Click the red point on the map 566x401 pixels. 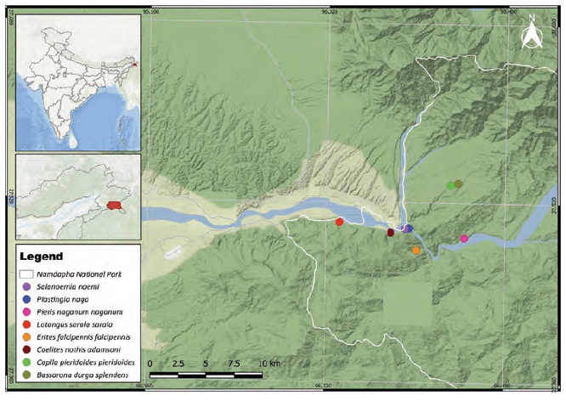[x=339, y=223]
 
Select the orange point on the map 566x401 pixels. [x=416, y=251]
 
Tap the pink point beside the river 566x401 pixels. [x=464, y=239]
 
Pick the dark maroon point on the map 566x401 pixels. [x=391, y=232]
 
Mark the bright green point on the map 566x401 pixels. [x=450, y=185]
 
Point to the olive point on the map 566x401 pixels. [x=459, y=184]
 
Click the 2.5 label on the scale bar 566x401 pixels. [x=178, y=364]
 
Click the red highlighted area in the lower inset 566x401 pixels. [x=115, y=205]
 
